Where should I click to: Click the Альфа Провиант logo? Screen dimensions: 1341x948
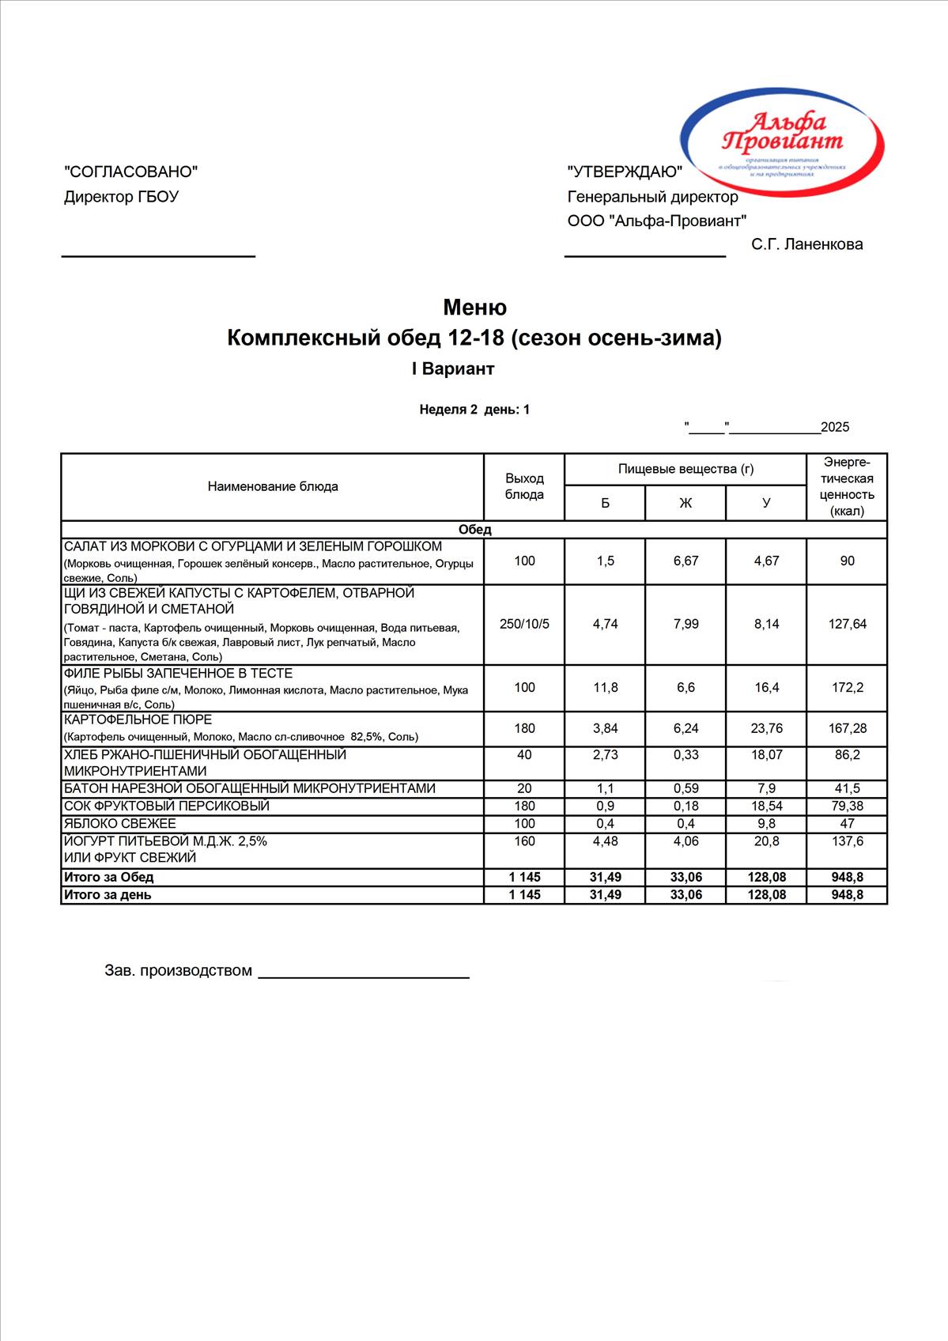point(783,142)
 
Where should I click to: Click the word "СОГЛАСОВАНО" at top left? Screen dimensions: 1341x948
point(130,172)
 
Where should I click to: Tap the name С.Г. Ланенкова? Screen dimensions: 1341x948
point(806,244)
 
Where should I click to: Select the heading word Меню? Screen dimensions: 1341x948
point(474,307)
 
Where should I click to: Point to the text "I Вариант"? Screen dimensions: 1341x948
point(453,369)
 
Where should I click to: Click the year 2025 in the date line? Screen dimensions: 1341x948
point(835,428)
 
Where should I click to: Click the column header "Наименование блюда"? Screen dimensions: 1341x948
point(273,486)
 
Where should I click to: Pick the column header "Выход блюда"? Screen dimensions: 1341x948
point(524,486)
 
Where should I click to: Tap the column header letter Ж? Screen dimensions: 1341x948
point(686,503)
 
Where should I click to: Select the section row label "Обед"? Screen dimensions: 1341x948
point(474,530)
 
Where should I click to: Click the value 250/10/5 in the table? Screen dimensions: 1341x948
point(524,624)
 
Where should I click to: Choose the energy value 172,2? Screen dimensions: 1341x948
point(847,688)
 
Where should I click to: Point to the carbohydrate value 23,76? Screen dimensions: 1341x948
point(766,728)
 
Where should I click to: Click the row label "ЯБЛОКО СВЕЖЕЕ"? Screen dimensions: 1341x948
point(120,824)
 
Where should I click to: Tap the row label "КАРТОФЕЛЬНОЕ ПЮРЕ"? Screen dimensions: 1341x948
point(138,720)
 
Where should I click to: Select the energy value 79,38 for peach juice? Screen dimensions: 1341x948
point(847,806)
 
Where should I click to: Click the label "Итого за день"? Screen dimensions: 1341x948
point(108,895)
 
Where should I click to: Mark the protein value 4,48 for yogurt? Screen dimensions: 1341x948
point(605,841)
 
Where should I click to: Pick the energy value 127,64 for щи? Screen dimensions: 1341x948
point(847,624)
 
